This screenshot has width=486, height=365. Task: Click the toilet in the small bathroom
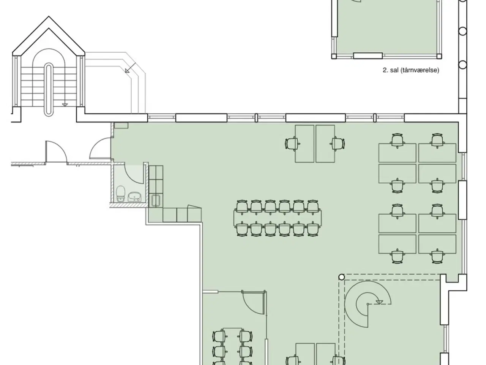pyautogui.click(x=120, y=194)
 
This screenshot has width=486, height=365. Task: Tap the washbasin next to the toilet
pyautogui.click(x=134, y=197)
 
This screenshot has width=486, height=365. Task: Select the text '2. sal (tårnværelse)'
pyautogui.click(x=411, y=70)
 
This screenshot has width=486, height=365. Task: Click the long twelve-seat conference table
pyautogui.click(x=278, y=218)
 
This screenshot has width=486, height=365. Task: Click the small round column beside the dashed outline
pyautogui.click(x=342, y=277)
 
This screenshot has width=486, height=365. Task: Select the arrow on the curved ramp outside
pyautogui.click(x=130, y=68)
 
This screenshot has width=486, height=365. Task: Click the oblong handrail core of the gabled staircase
pyautogui.click(x=49, y=89)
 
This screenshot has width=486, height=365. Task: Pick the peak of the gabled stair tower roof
pyautogui.click(x=49, y=16)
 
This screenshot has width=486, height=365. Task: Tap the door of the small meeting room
pyautogui.click(x=254, y=302)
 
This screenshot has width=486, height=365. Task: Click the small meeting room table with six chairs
pyautogui.click(x=232, y=348)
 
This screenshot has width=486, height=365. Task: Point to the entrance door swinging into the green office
pyautogui.click(x=100, y=148)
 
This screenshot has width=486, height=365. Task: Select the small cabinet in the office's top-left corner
pyautogui.click(x=121, y=125)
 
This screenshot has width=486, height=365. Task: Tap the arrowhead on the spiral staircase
pyautogui.click(x=379, y=302)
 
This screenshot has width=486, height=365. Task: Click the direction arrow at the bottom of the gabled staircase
pyautogui.click(x=65, y=105)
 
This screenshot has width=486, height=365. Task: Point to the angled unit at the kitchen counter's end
pyautogui.click(x=194, y=213)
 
